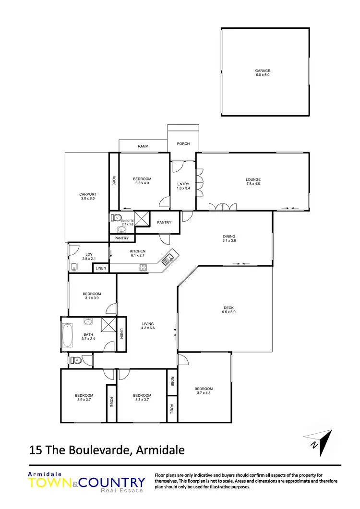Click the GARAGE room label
click(263, 71)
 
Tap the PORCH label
click(183, 143)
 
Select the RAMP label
click(143, 146)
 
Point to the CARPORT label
click(88, 194)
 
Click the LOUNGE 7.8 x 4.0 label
click(253, 182)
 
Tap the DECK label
click(228, 308)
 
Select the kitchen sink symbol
click(168, 260)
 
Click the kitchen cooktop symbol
click(143, 267)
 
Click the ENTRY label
click(183, 184)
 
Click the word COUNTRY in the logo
click(114, 482)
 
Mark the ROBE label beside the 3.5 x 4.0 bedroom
click(114, 181)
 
